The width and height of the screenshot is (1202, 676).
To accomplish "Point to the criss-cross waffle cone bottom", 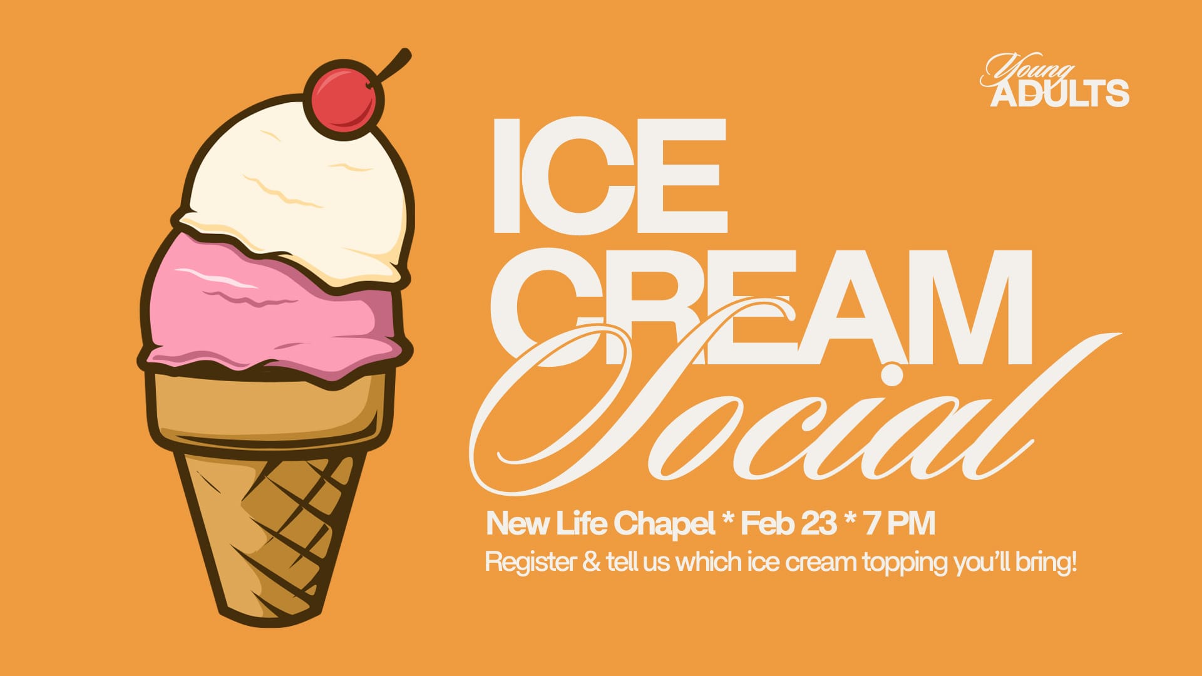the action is point(269,532).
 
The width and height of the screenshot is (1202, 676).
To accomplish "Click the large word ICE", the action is point(610,176).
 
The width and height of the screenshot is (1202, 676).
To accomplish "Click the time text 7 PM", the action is point(900,523).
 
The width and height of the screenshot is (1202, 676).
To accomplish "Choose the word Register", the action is point(531,563).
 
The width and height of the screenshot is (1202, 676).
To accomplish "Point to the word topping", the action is point(906,563).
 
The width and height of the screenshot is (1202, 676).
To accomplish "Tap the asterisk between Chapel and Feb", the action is point(727,518).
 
